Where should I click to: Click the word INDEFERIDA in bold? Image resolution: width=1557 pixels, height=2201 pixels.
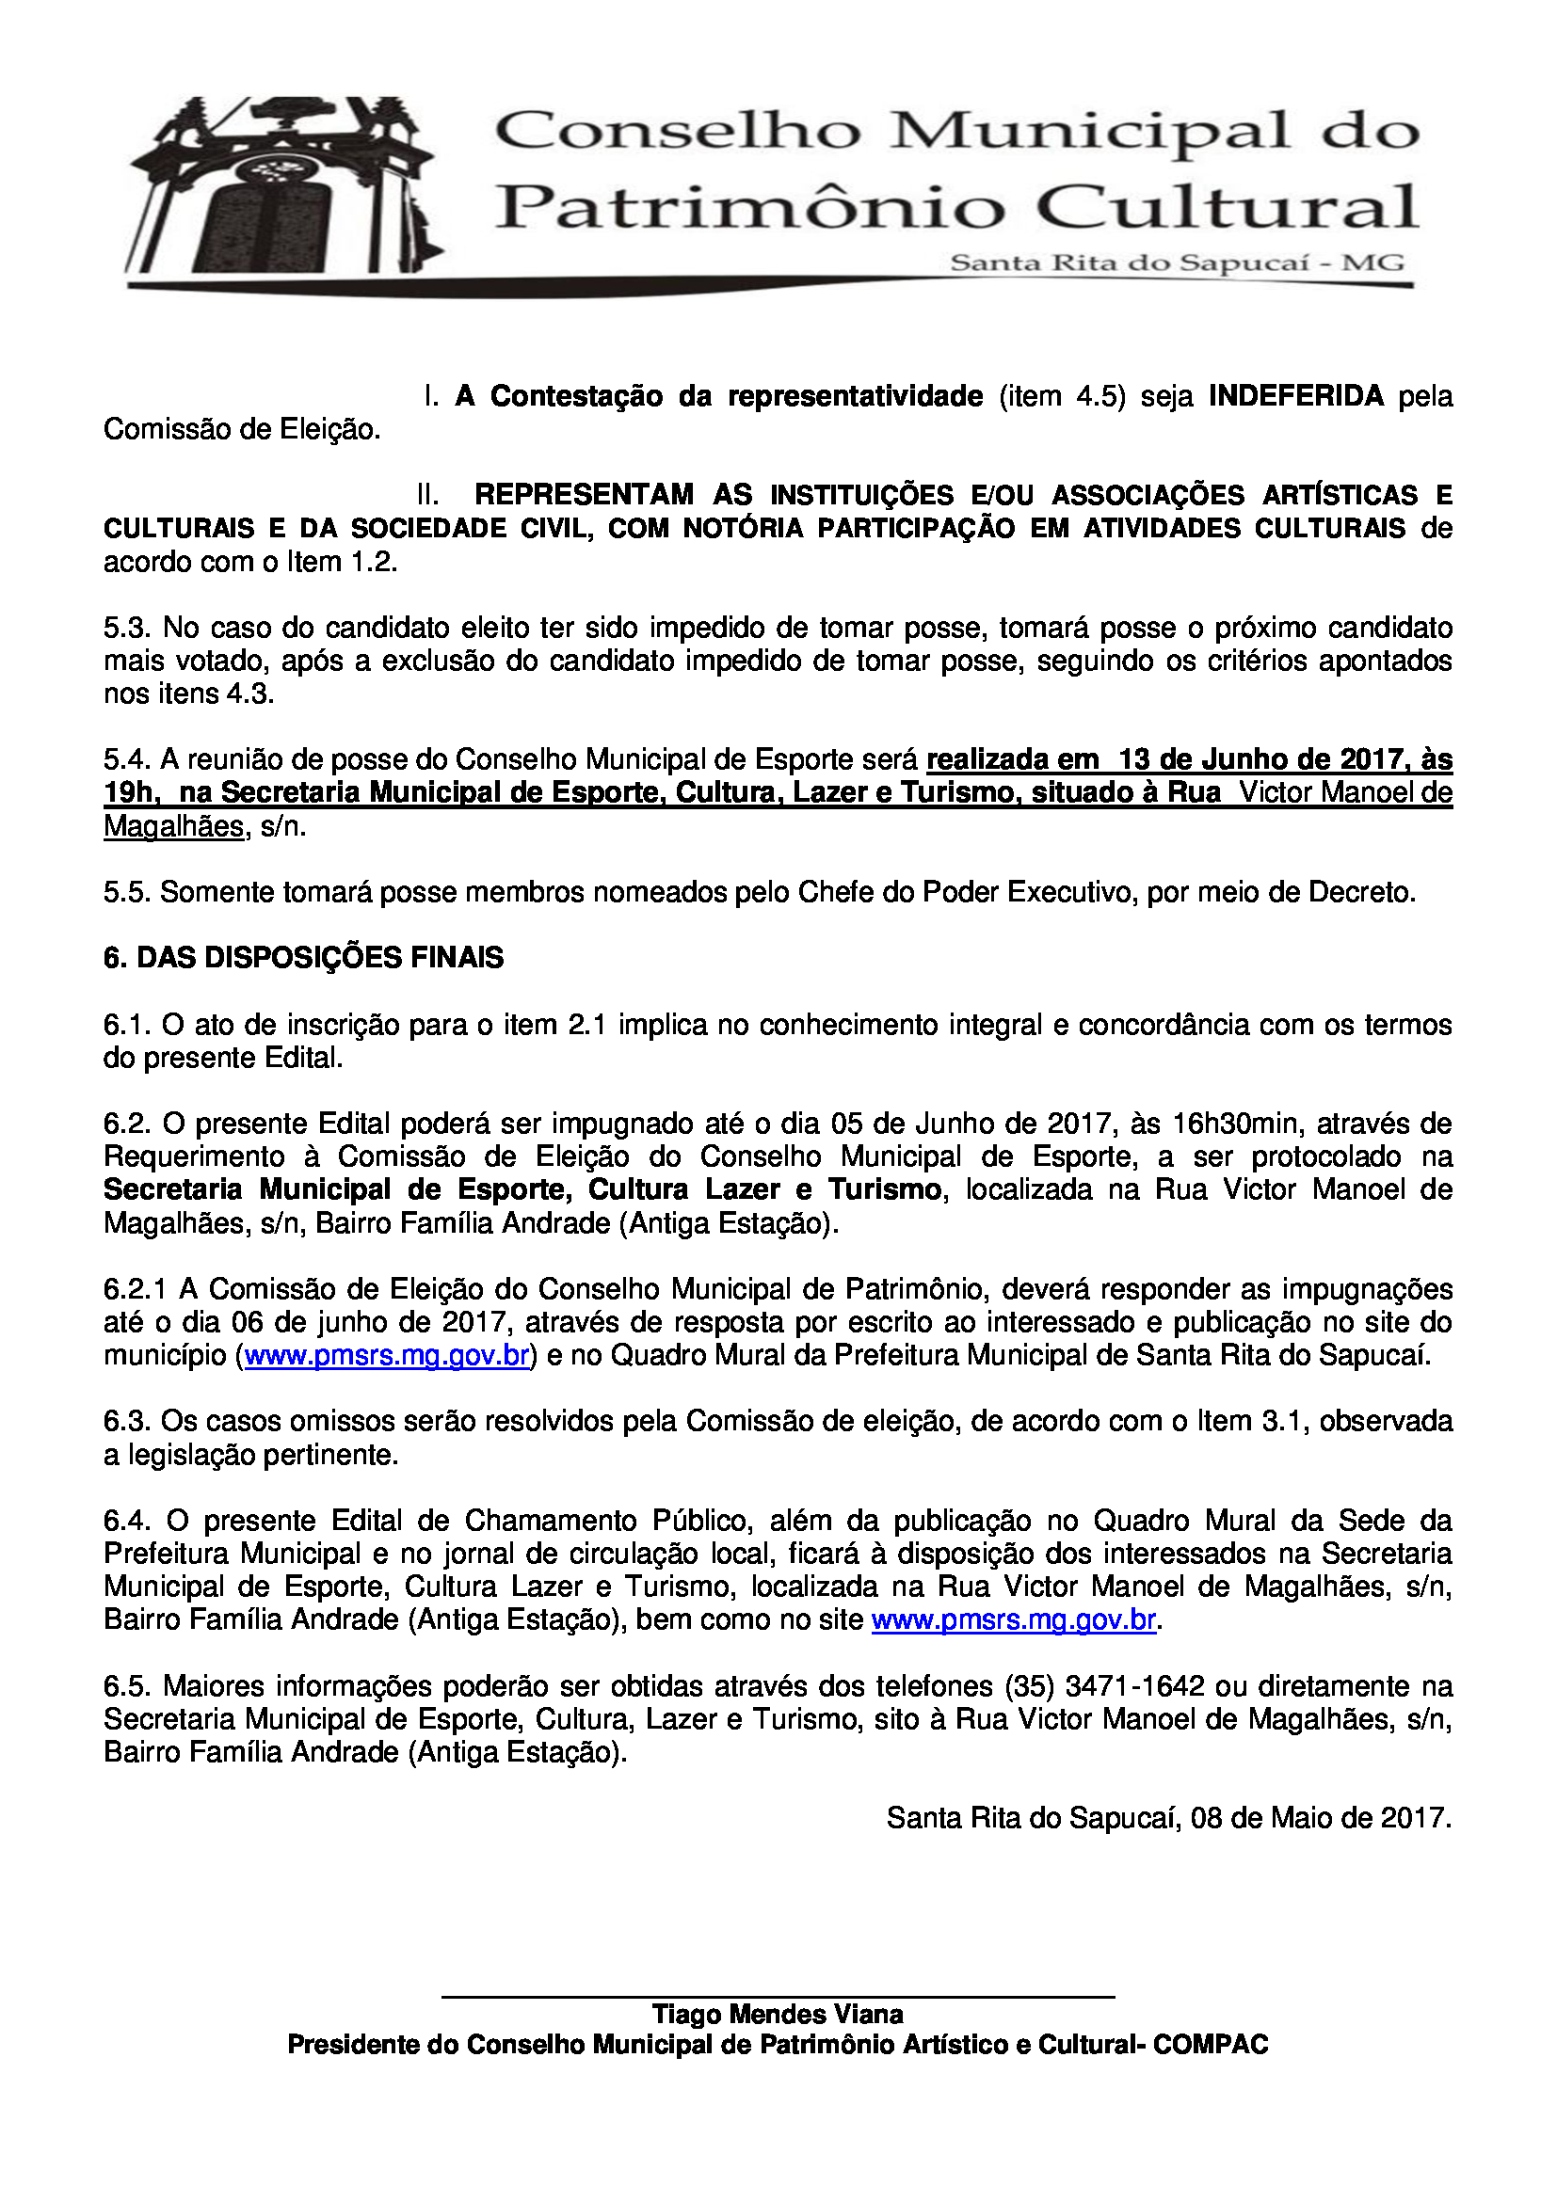1295,396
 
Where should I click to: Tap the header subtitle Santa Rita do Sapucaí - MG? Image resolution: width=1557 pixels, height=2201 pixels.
1177,263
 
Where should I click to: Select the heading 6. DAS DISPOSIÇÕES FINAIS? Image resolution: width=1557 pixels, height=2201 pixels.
303,958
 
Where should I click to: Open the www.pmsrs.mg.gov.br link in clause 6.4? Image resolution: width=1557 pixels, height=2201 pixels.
1013,1621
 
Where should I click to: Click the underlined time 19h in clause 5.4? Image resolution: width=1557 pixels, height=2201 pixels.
127,792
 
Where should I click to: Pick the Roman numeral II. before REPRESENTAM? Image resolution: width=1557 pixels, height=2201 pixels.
427,495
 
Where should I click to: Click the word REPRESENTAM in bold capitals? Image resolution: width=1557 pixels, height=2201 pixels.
584,495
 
